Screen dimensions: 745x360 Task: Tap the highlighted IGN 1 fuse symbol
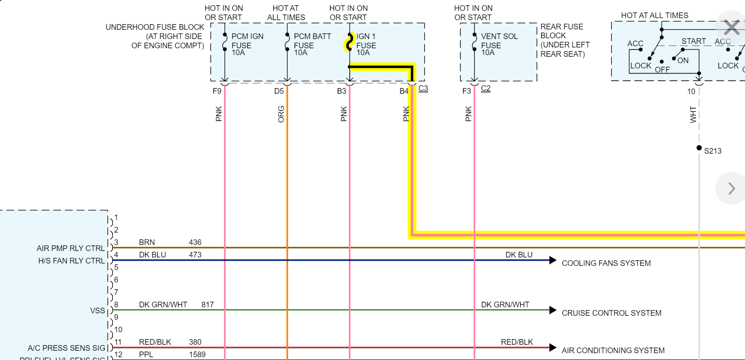click(x=349, y=42)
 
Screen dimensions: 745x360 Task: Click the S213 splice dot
click(x=699, y=148)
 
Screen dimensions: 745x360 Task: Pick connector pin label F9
click(x=217, y=91)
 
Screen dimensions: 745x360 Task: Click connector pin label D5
click(x=279, y=91)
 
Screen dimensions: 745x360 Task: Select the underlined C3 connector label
click(x=423, y=88)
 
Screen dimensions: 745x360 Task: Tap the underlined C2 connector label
click(x=486, y=88)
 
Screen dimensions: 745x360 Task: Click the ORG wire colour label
click(x=281, y=114)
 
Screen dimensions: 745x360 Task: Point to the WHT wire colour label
click(x=693, y=115)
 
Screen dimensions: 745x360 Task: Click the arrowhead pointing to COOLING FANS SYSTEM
click(x=553, y=260)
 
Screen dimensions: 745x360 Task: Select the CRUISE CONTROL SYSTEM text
click(x=611, y=313)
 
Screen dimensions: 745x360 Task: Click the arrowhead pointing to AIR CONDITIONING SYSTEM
click(x=553, y=348)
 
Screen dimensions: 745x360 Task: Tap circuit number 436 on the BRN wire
click(x=195, y=242)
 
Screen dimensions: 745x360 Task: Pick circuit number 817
click(x=207, y=304)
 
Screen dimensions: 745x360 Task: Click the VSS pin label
click(x=98, y=311)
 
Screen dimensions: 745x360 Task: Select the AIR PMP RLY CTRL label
click(x=71, y=248)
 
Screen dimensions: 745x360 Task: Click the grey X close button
click(x=731, y=27)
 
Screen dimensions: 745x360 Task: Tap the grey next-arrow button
click(x=731, y=188)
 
